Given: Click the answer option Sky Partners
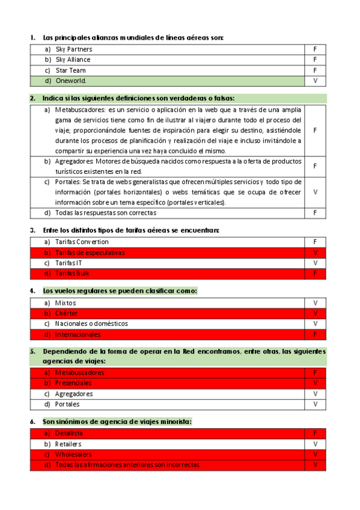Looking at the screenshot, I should (x=74, y=49).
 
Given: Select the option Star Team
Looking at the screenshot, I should (x=70, y=70).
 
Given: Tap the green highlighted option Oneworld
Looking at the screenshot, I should (x=71, y=81).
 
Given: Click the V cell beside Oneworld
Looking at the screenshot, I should (x=315, y=81).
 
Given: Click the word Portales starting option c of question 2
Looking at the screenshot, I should (x=67, y=182).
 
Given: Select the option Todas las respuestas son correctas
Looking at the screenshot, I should (x=105, y=212).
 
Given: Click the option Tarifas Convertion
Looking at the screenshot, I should (x=82, y=242).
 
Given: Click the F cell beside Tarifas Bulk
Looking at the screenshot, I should (x=315, y=274).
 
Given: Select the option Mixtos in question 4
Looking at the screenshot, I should (x=66, y=303).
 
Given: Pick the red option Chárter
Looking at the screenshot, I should (x=67, y=313).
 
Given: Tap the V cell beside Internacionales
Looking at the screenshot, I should (x=315, y=334).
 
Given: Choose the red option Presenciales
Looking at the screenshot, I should (x=73, y=383).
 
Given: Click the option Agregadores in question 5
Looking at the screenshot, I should (x=74, y=394).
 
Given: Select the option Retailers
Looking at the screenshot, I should (x=68, y=444).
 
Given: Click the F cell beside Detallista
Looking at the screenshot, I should (x=315, y=433).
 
